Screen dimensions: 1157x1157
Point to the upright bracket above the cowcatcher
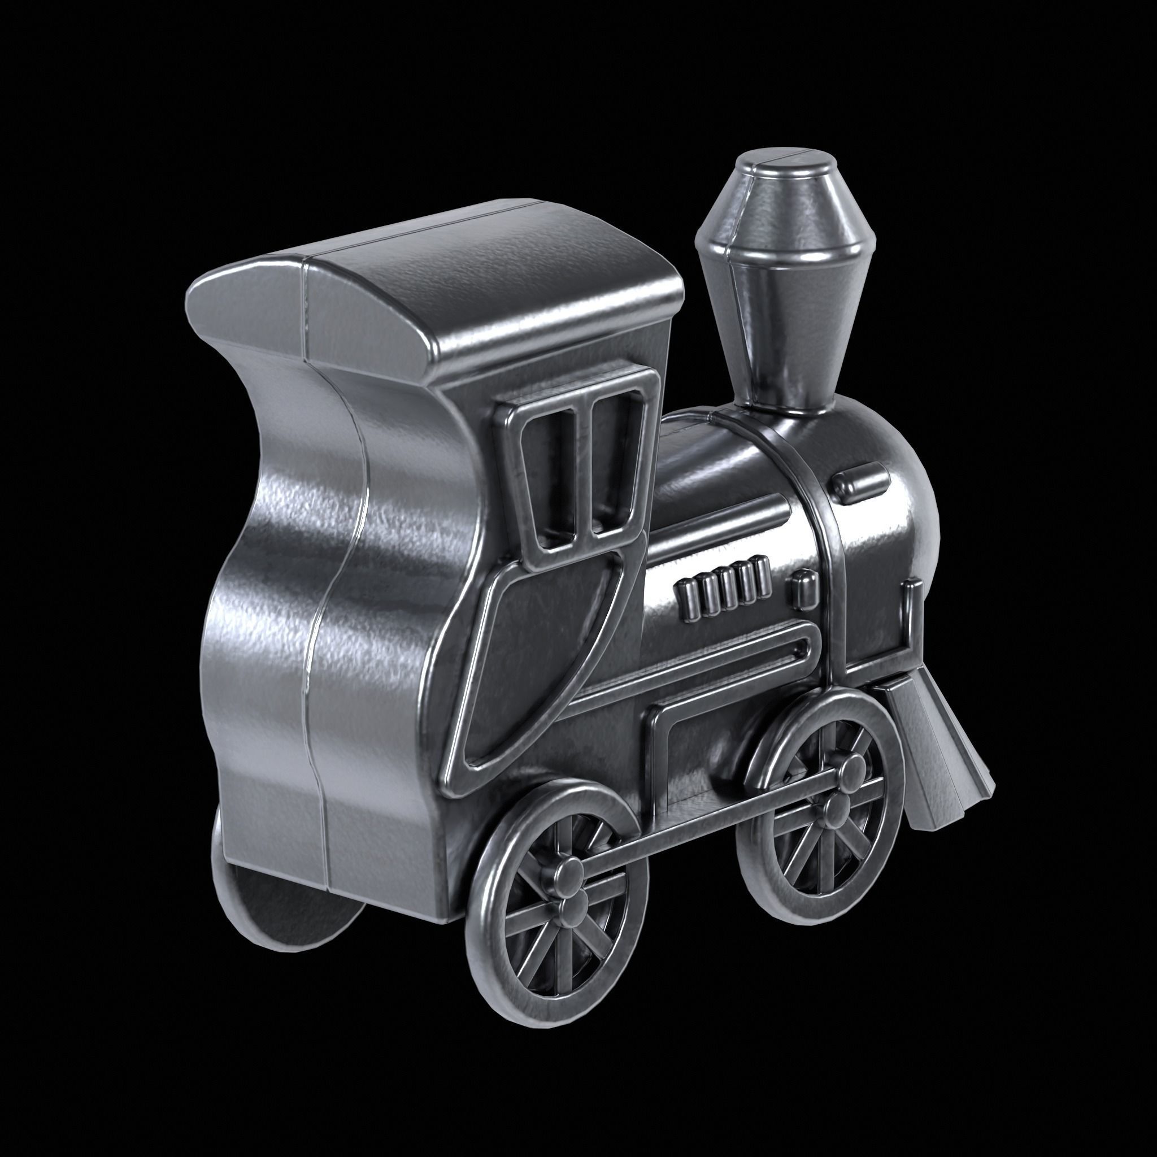point(910,629)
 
